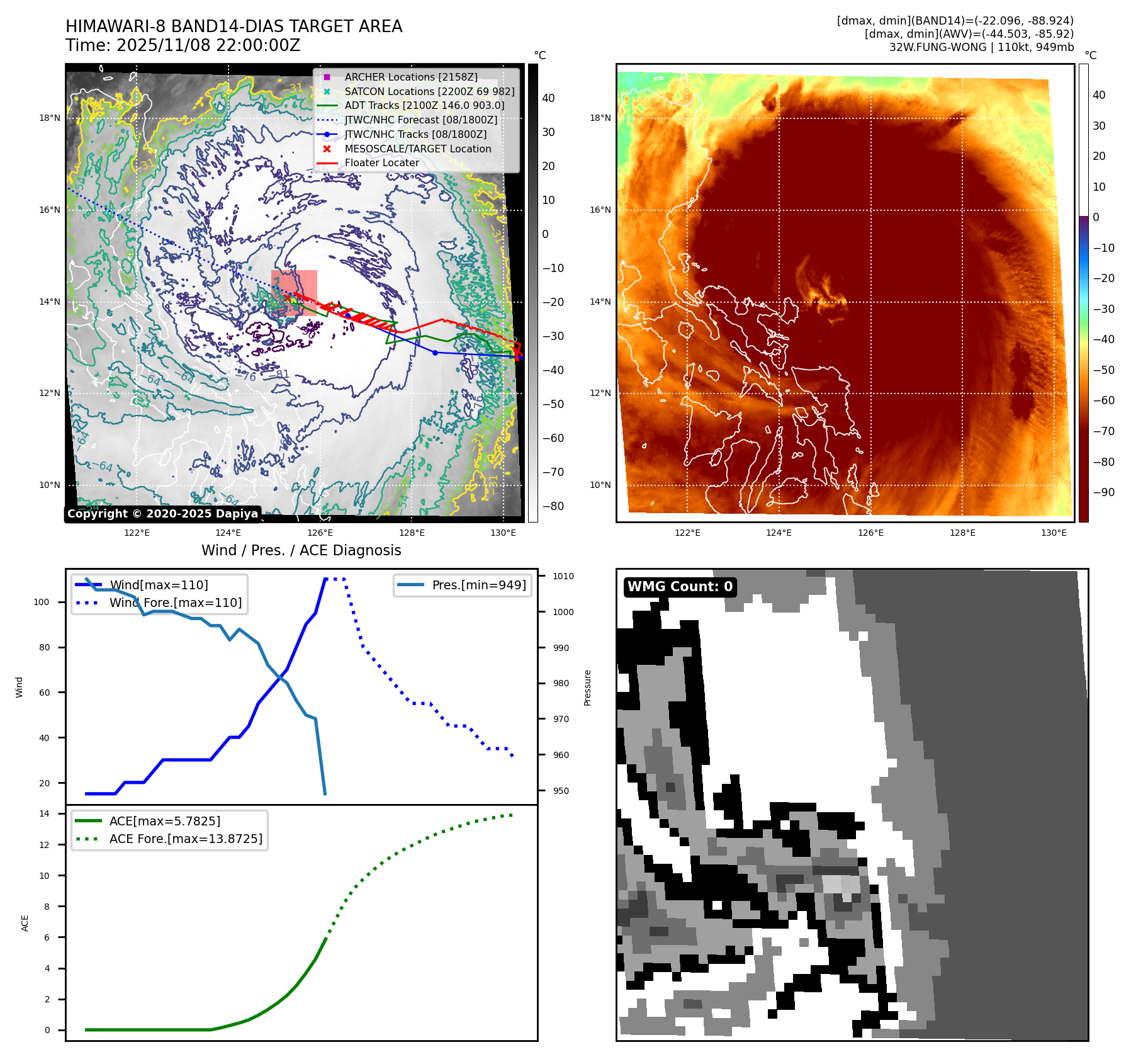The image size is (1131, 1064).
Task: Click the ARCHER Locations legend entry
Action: point(411,77)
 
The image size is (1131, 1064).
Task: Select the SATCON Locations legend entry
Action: point(429,91)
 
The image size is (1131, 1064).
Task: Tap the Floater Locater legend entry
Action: point(381,162)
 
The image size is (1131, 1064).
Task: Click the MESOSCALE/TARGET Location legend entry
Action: point(418,149)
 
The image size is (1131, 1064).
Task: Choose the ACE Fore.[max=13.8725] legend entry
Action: point(186,839)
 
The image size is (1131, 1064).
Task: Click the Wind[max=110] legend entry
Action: point(159,585)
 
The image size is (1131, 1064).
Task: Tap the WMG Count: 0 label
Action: point(680,587)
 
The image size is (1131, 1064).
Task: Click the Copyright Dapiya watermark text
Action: point(162,514)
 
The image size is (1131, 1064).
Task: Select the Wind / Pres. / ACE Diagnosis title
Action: point(301,550)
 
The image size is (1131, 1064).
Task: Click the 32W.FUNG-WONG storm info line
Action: point(981,47)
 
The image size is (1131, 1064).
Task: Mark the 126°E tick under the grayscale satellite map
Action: point(320,533)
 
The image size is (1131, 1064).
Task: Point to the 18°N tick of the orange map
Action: point(600,118)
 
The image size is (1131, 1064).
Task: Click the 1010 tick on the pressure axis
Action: point(563,576)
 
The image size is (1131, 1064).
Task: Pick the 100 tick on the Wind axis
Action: point(42,602)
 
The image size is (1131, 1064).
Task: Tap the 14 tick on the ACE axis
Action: point(44,813)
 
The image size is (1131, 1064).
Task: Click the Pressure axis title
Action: point(587,688)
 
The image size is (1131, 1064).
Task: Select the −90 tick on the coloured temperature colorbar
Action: point(1103,492)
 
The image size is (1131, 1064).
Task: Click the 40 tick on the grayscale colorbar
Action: point(548,98)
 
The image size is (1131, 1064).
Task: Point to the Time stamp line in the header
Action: point(183,45)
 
